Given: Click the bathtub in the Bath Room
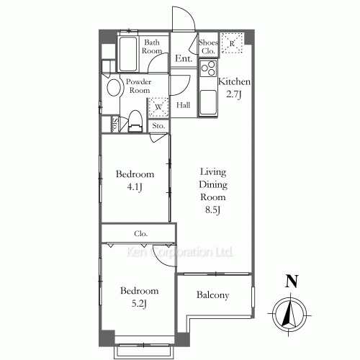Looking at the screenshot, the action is (x=128, y=54).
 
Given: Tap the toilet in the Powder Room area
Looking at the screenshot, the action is (x=135, y=121).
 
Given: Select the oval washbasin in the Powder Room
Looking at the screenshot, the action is (x=114, y=88).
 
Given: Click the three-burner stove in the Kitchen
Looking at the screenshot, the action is (x=208, y=68).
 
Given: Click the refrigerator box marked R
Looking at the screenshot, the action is (x=232, y=43).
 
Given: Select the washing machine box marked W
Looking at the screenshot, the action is (x=158, y=107).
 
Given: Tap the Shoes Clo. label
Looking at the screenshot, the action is (x=208, y=47).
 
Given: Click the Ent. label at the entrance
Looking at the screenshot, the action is (x=184, y=58).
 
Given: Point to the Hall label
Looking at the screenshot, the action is (x=184, y=105).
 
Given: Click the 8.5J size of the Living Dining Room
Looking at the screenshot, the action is (x=212, y=210).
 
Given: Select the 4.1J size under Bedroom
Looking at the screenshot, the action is (x=135, y=187).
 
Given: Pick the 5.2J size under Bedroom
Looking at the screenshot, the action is (x=139, y=304).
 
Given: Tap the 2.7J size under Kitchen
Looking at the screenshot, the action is (x=234, y=94).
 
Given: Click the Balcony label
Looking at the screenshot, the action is (x=212, y=295).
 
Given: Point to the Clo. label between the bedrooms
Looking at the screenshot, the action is (x=141, y=233).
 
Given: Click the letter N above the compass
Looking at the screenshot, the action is (x=292, y=282).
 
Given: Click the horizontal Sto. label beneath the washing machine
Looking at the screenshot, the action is (x=158, y=126).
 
